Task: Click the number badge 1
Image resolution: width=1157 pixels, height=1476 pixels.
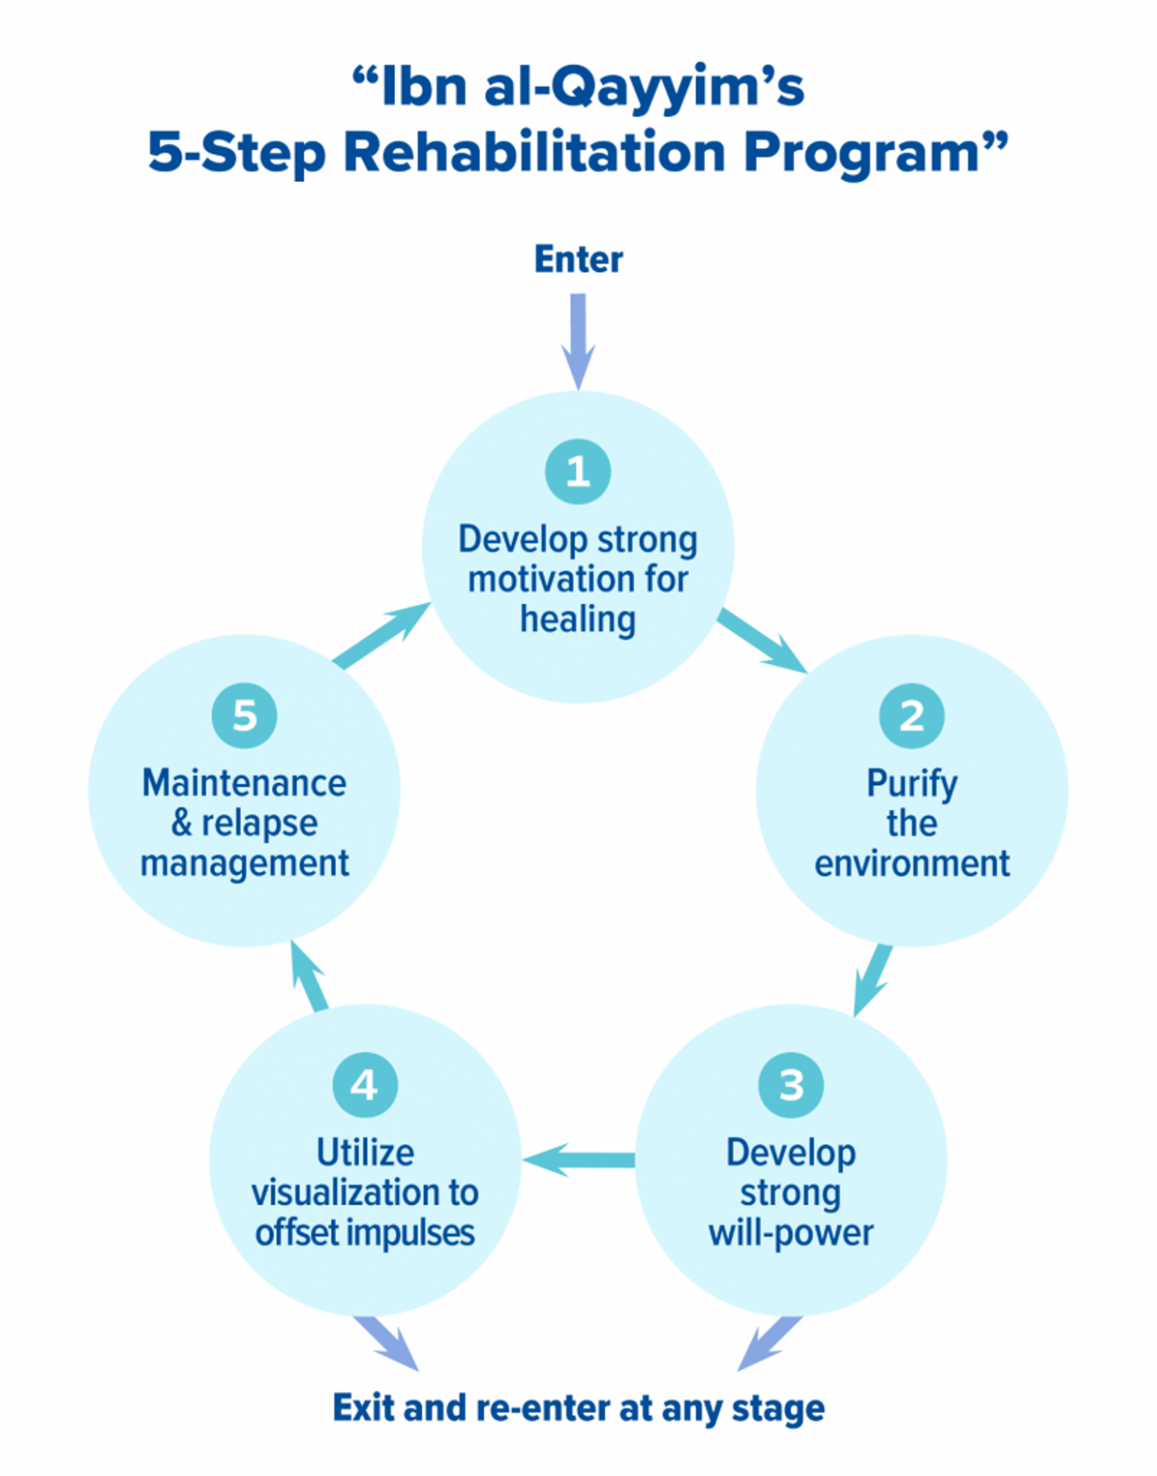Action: pyautogui.click(x=578, y=472)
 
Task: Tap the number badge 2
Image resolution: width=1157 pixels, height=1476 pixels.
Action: pyautogui.click(x=912, y=716)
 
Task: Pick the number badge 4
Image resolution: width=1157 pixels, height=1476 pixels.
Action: pyautogui.click(x=365, y=1085)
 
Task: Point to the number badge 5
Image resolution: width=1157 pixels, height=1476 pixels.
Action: pyautogui.click(x=245, y=716)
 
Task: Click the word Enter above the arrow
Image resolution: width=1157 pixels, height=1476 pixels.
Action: pyautogui.click(x=578, y=260)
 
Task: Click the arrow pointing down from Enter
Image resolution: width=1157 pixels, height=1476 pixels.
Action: pyautogui.click(x=578, y=342)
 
